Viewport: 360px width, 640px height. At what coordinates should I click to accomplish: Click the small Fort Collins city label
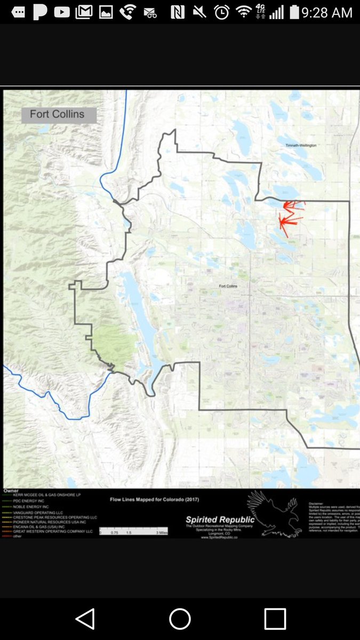(x=228, y=286)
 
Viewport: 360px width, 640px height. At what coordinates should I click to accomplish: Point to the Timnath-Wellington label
(x=301, y=145)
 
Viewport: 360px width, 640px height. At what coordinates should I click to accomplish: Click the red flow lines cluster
(x=290, y=216)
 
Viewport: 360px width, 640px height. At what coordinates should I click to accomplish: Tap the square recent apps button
(x=275, y=619)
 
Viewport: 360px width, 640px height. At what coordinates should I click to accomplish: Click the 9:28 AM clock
(x=326, y=12)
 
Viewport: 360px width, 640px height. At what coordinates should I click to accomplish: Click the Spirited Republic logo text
(x=220, y=519)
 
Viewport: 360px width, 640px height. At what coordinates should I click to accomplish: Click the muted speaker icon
(x=199, y=12)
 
